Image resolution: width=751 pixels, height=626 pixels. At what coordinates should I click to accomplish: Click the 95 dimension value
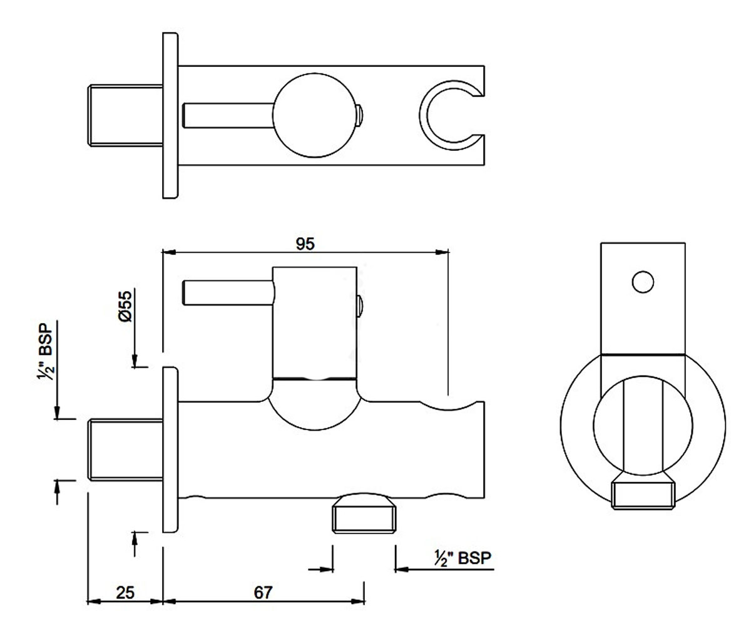tap(305, 244)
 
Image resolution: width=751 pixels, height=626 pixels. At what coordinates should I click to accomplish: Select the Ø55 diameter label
tap(125, 307)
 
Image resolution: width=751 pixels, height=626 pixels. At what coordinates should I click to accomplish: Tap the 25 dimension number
tap(125, 593)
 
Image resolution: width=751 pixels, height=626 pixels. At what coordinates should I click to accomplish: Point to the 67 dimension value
tap(263, 593)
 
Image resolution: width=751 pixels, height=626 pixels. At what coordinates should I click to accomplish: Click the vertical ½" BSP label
tap(45, 351)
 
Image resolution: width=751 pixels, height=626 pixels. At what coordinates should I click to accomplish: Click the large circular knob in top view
tap(315, 115)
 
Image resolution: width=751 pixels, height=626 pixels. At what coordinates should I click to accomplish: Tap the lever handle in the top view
tap(228, 115)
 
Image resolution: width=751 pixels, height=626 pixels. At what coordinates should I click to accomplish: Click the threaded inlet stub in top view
tap(125, 115)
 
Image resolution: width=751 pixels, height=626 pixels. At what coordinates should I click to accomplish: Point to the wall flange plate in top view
tap(170, 115)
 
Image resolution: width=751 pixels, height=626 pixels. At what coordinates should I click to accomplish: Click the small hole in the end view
tap(643, 282)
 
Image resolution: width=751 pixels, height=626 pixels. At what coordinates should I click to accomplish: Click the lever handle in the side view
tap(228, 292)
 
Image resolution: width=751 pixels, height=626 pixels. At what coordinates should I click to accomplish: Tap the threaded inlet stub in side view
tap(125, 449)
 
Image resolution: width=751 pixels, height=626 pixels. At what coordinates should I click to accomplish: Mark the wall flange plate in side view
tap(170, 449)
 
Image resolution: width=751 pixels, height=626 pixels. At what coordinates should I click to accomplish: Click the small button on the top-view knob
tap(359, 115)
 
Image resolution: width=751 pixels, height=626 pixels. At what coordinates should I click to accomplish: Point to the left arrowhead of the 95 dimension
tap(169, 252)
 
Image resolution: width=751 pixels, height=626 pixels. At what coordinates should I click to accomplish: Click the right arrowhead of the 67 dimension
tap(357, 601)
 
